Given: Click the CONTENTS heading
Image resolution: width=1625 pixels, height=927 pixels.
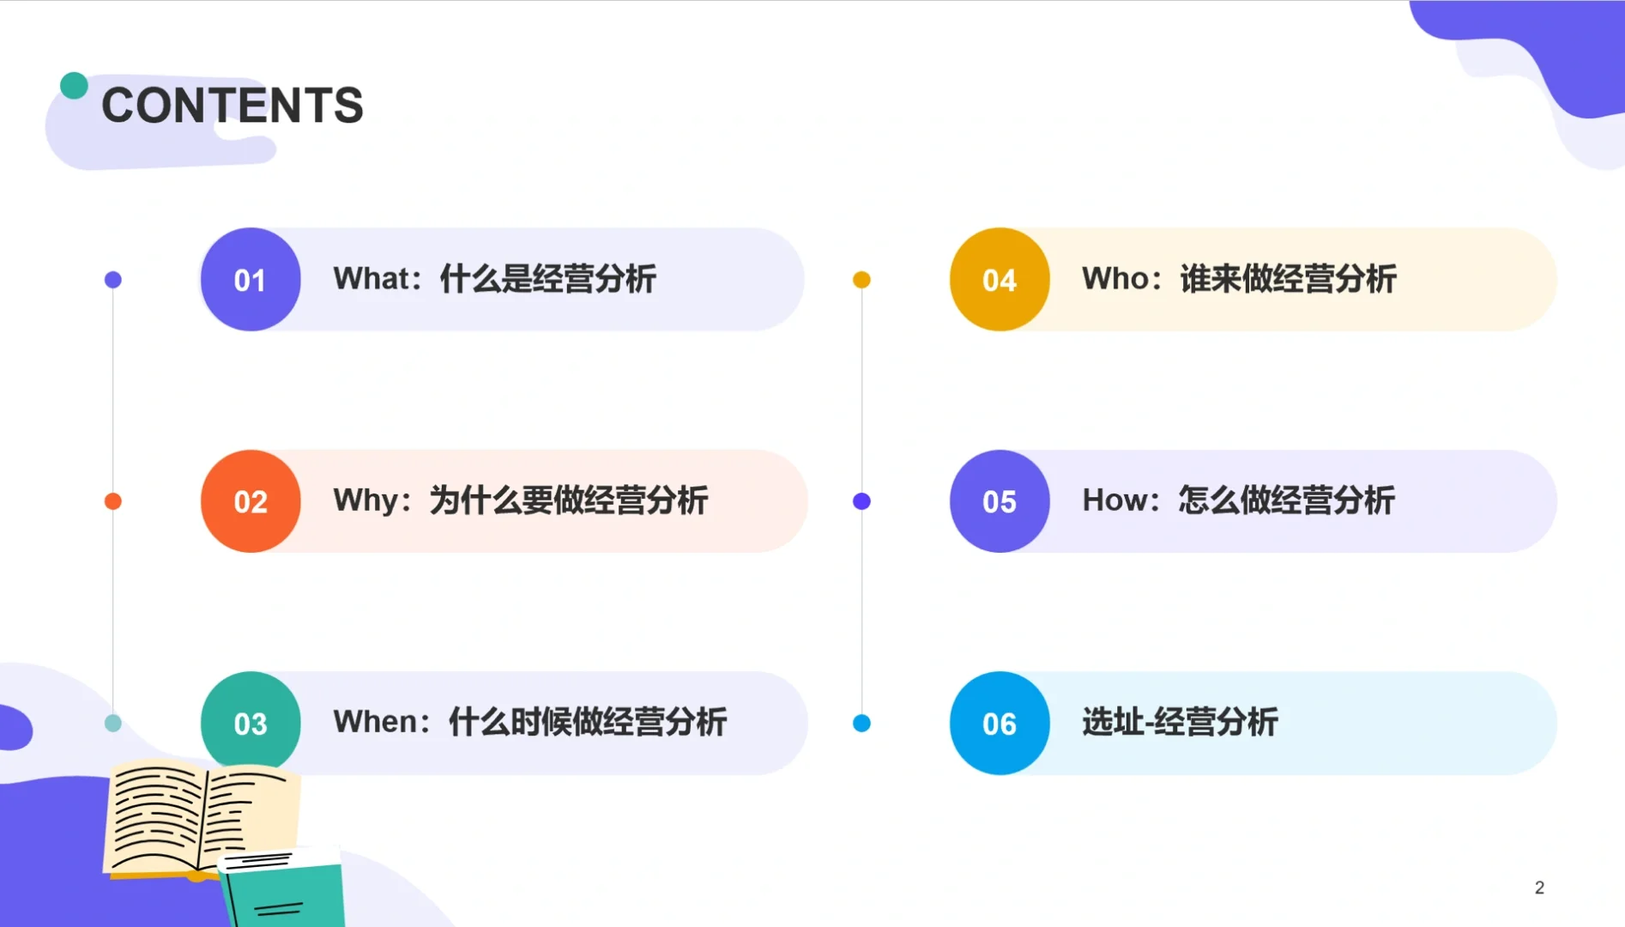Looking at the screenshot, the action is (232, 106).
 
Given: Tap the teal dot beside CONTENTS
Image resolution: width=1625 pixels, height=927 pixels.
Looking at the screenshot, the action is (74, 85).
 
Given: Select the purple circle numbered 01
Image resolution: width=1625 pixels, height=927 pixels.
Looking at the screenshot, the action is (251, 280).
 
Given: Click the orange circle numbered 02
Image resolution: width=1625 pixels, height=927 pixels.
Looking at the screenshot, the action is (251, 501).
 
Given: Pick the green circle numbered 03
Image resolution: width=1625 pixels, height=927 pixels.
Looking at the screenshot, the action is (251, 723).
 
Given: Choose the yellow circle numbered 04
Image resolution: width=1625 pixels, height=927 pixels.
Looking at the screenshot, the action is (1000, 280).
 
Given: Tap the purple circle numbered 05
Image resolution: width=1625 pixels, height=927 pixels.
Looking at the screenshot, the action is (1000, 501).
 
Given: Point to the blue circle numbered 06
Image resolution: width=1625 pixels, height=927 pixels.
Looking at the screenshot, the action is (1000, 723).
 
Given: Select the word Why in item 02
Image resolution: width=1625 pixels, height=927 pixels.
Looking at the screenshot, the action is (366, 500).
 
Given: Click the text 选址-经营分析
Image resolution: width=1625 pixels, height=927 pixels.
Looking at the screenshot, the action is (1180, 722).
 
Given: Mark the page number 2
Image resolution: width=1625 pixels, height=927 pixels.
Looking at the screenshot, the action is (1539, 888).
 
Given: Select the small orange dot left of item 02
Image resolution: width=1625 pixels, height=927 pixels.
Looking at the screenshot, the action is (112, 501).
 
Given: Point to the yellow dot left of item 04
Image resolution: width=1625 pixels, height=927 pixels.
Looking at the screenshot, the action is (861, 280).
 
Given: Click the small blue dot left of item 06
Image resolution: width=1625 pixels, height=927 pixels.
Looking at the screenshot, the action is (861, 723).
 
